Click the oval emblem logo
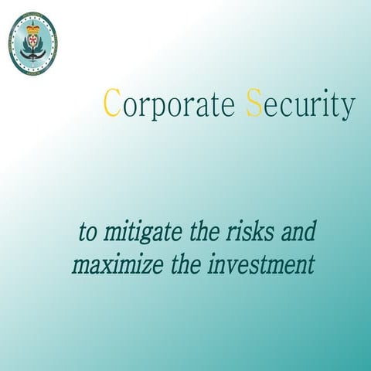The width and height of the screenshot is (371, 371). tap(32, 43)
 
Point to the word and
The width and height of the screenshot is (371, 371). tap(298, 231)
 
